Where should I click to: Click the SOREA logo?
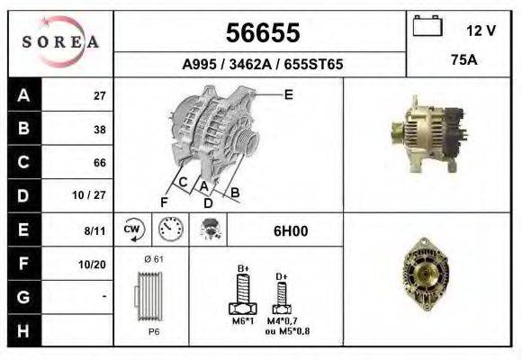[60, 43]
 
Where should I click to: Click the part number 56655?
[261, 32]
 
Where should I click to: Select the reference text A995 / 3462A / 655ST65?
[261, 65]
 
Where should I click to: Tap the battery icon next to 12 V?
[425, 29]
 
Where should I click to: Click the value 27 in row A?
[100, 95]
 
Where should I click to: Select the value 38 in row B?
[100, 129]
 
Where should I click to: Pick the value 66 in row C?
[100, 163]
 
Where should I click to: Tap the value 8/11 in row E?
[94, 230]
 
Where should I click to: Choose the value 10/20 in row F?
[93, 264]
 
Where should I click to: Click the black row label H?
[22, 331]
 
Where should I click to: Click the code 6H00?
[290, 230]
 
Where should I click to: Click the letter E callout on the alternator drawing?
[288, 94]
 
